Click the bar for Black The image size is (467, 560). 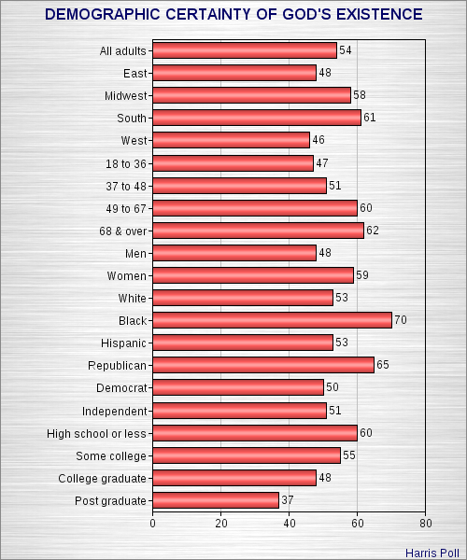click(272, 320)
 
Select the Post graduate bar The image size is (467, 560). click(216, 500)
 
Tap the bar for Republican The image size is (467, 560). click(263, 365)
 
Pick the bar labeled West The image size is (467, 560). click(231, 140)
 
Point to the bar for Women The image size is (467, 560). click(253, 275)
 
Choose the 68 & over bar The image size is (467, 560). click(258, 230)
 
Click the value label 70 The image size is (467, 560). click(402, 320)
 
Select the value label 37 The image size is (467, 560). click(289, 500)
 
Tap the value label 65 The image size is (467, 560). click(384, 365)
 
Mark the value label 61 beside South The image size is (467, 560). click(370, 118)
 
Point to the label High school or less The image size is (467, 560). click(97, 433)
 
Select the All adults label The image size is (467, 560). click(122, 50)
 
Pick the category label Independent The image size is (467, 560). click(115, 411)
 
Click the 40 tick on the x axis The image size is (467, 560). click(290, 524)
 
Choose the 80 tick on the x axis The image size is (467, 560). click(426, 524)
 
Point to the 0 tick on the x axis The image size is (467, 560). click(152, 524)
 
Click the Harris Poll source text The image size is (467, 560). click(431, 551)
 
